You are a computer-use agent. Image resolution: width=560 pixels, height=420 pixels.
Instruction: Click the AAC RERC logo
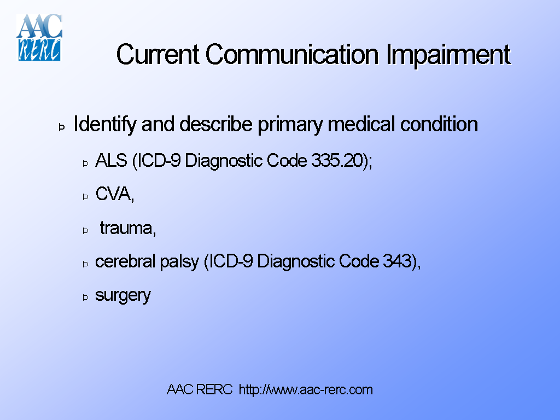39,37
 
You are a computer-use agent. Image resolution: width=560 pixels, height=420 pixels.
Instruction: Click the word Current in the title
158,55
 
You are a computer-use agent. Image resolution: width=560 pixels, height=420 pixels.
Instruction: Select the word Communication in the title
292,55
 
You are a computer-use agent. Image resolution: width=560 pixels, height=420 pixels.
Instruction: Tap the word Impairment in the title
448,55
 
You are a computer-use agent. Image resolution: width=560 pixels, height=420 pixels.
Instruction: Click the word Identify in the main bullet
104,125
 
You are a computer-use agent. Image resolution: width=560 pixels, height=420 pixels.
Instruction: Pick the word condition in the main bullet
439,125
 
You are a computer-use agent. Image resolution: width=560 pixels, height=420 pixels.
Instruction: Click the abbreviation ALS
110,161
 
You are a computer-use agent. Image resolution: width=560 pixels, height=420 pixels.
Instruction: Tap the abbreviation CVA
113,194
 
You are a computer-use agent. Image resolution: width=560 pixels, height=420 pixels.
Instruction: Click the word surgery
122,296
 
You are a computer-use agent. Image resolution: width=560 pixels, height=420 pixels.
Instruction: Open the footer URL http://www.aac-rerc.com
306,390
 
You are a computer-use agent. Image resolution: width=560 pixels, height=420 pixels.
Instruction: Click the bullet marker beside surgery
85,297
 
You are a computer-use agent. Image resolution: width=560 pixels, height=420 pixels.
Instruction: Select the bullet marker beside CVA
85,196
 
